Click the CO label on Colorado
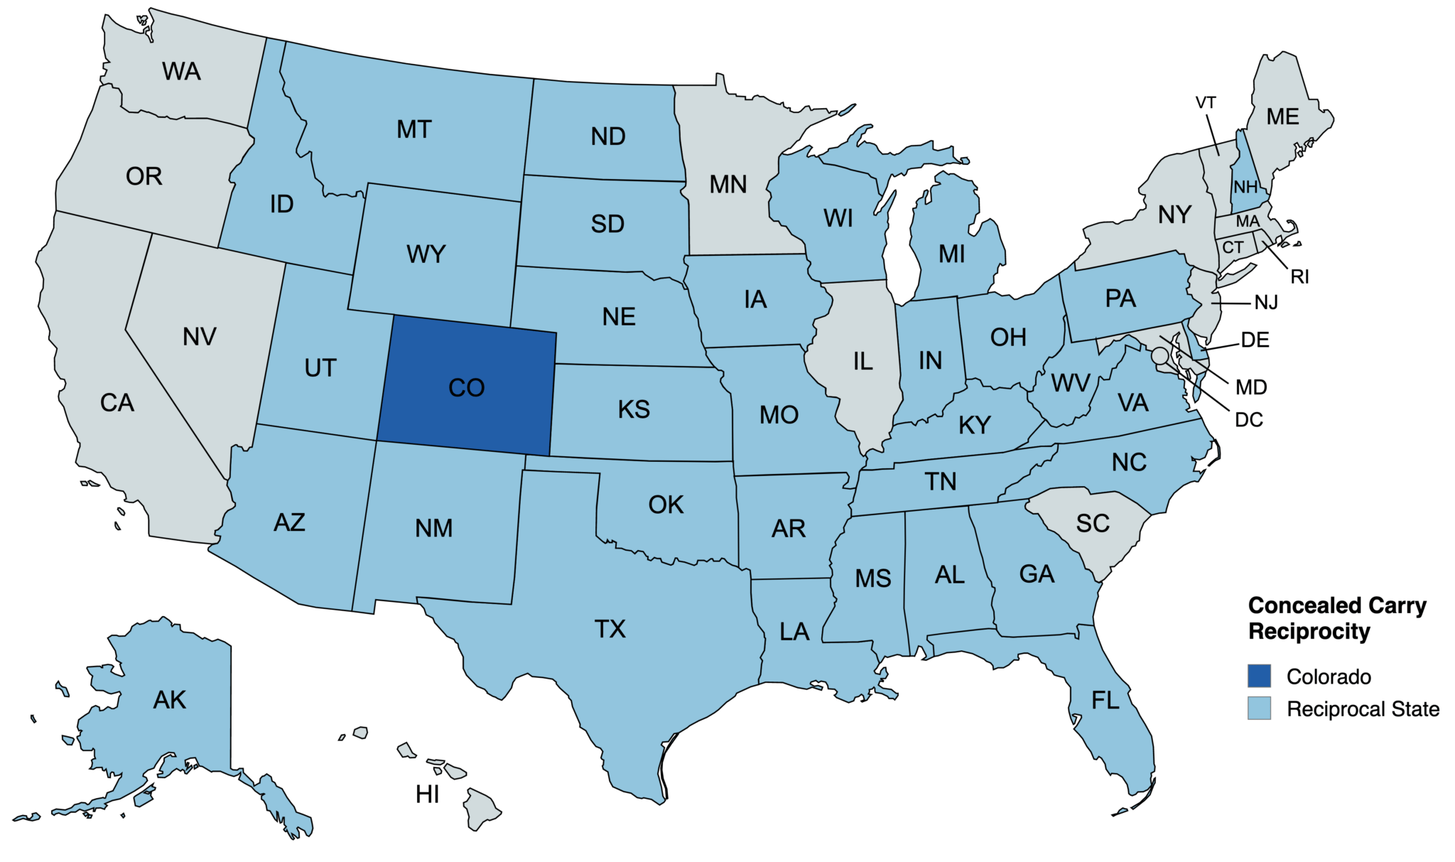tap(466, 388)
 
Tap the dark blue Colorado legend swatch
tap(1259, 676)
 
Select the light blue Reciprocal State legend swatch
tap(1259, 709)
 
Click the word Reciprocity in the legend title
tap(1309, 631)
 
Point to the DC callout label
tap(1248, 420)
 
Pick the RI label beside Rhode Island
tap(1299, 277)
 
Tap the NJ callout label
tap(1266, 303)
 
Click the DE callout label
tap(1255, 340)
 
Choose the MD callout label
tap(1251, 387)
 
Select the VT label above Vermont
tap(1206, 103)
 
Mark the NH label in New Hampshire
tap(1245, 188)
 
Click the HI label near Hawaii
tap(427, 794)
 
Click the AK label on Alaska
tap(169, 700)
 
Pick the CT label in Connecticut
tap(1233, 247)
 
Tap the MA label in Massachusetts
tap(1248, 222)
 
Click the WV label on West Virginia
tap(1070, 384)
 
